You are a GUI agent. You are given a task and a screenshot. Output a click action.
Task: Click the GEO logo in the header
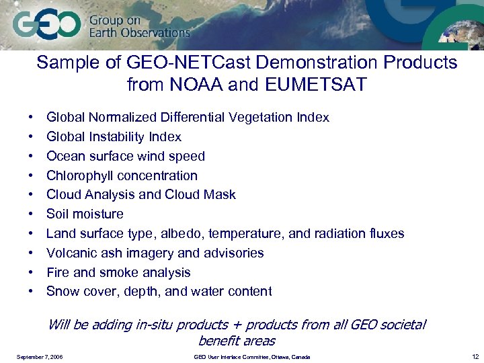pos(46,26)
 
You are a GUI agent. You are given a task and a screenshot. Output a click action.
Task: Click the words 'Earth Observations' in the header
pos(140,32)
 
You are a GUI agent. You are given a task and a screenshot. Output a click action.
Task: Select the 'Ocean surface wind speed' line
pos(125,157)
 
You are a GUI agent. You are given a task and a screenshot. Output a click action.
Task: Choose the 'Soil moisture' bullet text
pos(85,214)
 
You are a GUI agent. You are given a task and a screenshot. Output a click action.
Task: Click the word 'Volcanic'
pos(71,253)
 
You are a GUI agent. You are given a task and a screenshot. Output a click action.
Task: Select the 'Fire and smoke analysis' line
pos(118,273)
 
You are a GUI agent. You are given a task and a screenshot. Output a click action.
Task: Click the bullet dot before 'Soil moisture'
pos(32,214)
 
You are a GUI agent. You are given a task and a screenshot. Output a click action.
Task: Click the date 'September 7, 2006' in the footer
pos(40,356)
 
